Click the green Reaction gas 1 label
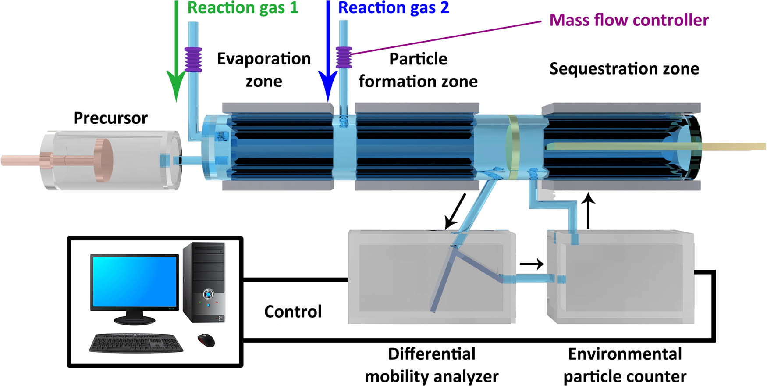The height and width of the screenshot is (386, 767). coord(242,8)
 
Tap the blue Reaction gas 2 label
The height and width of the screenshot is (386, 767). coord(394,8)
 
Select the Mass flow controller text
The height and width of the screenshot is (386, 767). coord(629,20)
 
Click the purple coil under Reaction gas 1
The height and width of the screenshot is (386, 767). coord(193,60)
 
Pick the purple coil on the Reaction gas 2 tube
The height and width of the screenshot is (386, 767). coord(344,57)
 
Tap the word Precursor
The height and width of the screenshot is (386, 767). coord(110,118)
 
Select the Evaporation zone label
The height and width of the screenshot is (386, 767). coord(264,70)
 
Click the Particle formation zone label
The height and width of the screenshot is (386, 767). coord(418,70)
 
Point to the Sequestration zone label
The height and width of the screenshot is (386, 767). coord(624,69)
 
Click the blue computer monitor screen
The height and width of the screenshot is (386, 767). coord(134,281)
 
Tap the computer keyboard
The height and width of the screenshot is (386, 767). coord(136,343)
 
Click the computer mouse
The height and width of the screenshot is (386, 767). coord(206,340)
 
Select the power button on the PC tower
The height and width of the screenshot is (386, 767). coord(208,293)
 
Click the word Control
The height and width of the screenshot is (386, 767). coord(293,311)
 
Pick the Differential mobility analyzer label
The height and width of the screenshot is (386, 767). coord(431,365)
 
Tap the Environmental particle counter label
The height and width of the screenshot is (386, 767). coord(625,365)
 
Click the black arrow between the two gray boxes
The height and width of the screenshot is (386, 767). coord(531,264)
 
